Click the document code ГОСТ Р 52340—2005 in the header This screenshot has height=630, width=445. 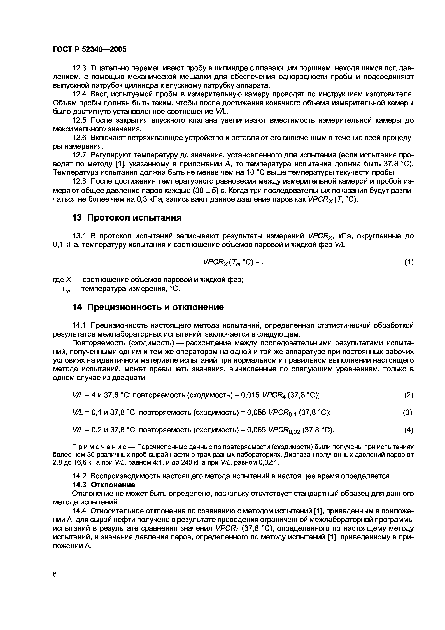pos(89,49)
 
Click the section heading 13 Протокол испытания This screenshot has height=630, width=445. pos(127,218)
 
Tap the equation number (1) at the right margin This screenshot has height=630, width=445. pos(409,262)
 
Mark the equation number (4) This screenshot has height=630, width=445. pos(409,430)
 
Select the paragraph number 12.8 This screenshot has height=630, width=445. pos(79,181)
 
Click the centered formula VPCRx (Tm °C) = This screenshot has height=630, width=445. pos(233,262)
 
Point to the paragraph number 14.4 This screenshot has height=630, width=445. pos(79,511)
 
